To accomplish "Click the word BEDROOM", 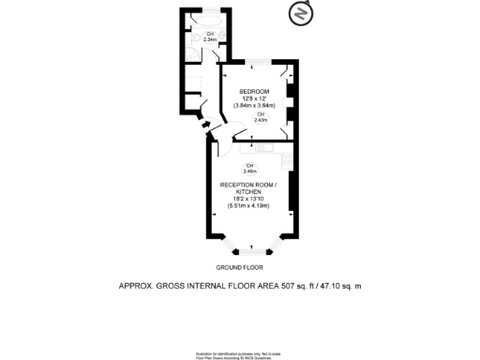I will [x=255, y=90].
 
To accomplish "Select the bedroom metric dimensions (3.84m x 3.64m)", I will [x=255, y=105].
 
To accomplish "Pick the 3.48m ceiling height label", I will [x=249, y=170].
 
